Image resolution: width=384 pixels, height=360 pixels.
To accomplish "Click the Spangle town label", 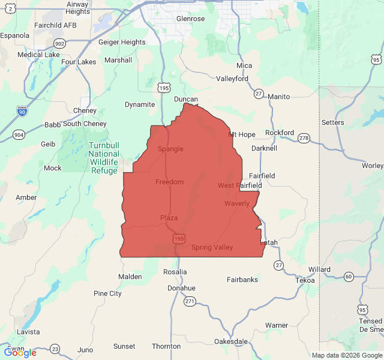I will (x=170, y=149).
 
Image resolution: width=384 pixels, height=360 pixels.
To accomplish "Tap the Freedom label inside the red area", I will (x=169, y=182).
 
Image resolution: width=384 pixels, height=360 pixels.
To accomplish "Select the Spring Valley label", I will (x=212, y=247).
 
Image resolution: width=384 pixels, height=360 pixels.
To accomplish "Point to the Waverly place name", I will (x=237, y=204).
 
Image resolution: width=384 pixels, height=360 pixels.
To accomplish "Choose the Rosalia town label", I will (x=175, y=272).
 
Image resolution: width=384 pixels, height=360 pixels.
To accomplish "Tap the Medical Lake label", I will (x=39, y=55).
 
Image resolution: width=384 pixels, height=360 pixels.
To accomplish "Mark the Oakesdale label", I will (x=231, y=341).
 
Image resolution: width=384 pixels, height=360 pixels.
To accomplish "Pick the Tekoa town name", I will (x=305, y=280).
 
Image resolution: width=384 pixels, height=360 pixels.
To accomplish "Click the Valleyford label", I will (x=232, y=79).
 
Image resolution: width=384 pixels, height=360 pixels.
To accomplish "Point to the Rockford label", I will (x=280, y=133).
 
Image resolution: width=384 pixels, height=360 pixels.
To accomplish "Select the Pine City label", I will (x=107, y=293).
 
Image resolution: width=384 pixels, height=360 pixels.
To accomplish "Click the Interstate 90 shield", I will (x=22, y=110).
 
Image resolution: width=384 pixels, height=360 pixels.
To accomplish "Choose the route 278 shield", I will (x=304, y=139).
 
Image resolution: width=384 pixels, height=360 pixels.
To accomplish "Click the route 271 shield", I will (x=190, y=301).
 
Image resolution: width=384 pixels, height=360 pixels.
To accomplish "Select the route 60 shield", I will (x=349, y=277).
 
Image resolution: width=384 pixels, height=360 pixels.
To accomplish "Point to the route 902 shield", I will (x=59, y=43).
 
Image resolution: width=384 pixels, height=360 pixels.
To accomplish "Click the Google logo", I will (x=20, y=353).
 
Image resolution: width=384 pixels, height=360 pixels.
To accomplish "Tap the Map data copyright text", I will (x=346, y=355).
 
